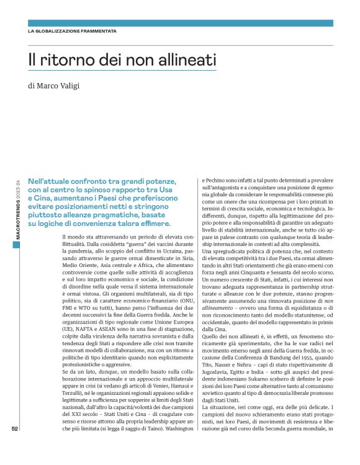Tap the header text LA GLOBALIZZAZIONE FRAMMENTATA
[72, 31]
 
